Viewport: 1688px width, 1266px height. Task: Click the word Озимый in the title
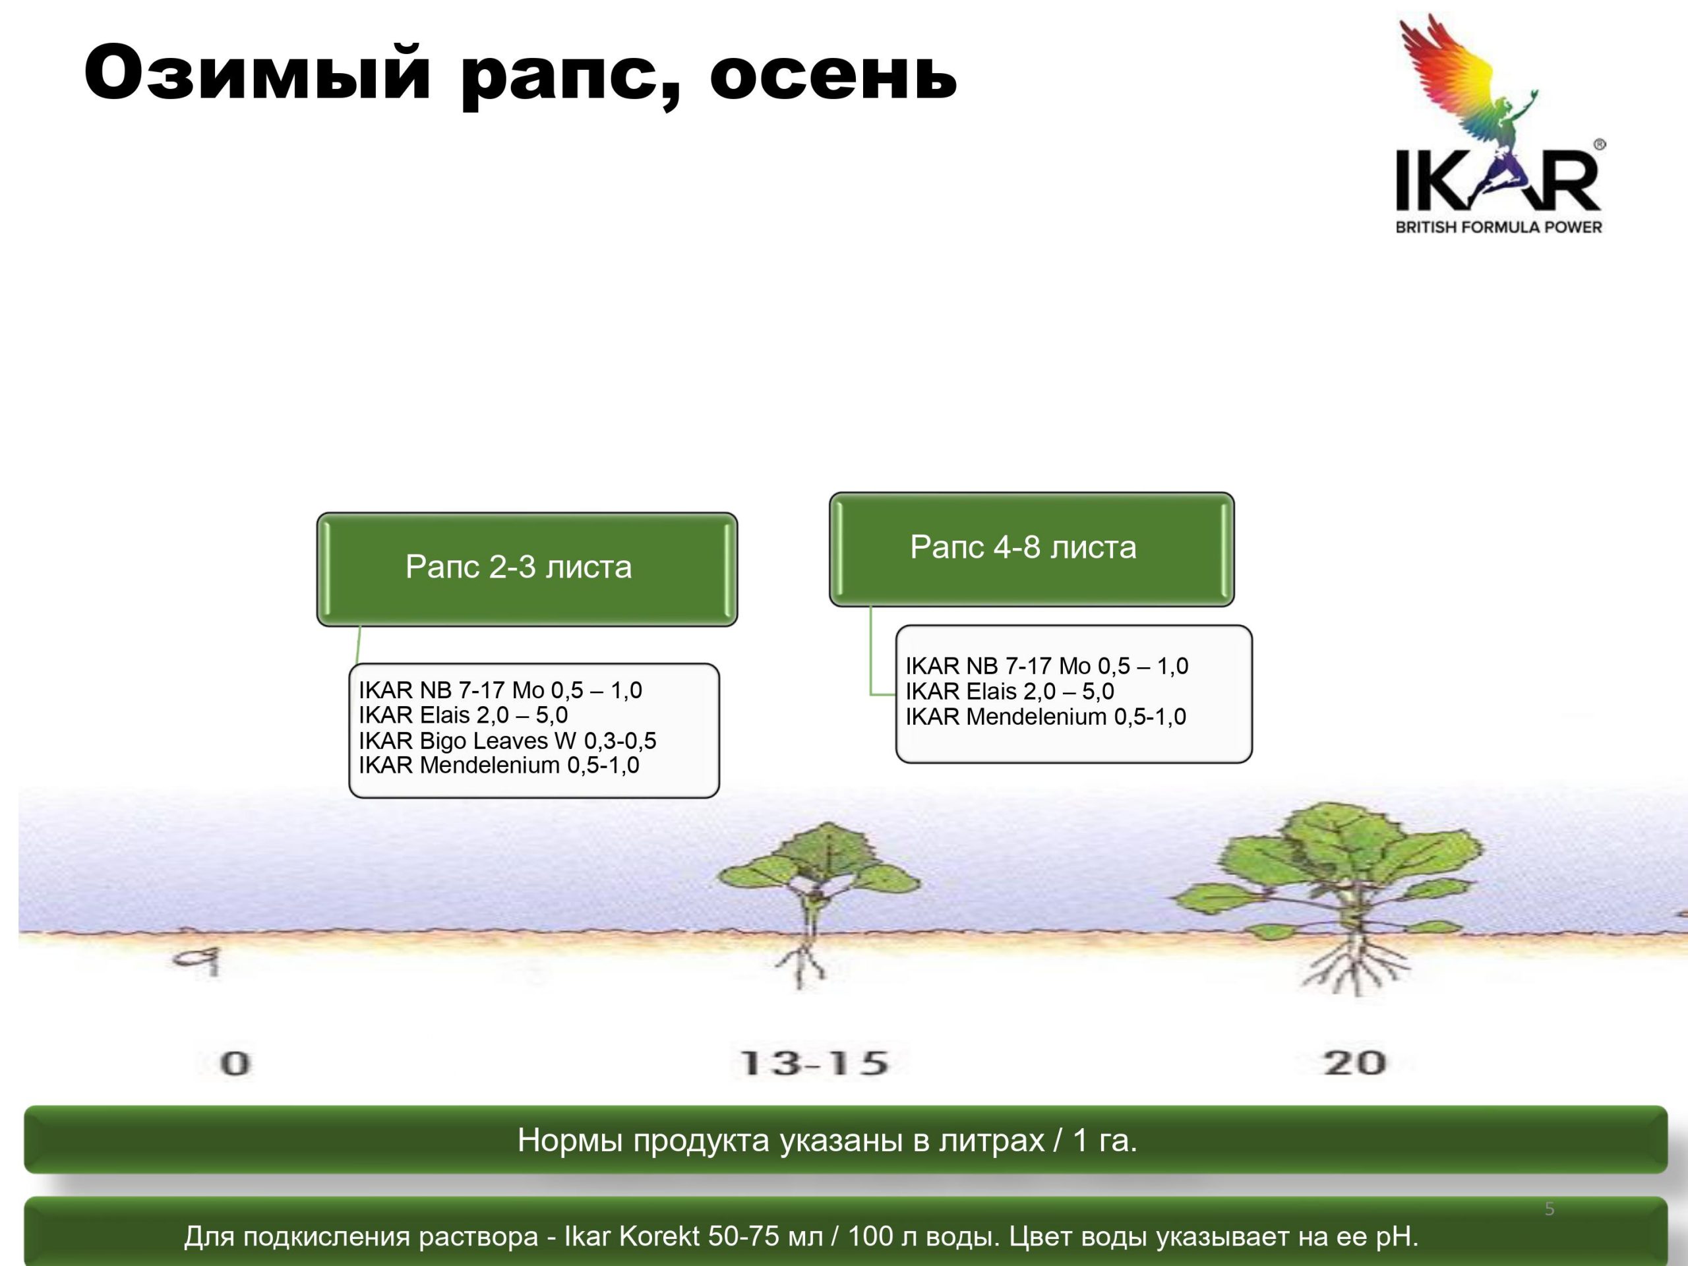(x=258, y=73)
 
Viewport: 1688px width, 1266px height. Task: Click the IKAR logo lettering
(x=1498, y=180)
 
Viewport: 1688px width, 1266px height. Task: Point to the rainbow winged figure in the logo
(x=1465, y=84)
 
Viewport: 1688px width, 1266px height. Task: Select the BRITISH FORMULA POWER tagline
(x=1498, y=227)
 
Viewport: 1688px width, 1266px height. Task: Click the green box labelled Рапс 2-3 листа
(x=527, y=569)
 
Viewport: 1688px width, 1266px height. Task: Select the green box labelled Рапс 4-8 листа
(x=1031, y=549)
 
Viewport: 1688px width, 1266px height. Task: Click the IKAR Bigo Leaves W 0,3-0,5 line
(x=508, y=740)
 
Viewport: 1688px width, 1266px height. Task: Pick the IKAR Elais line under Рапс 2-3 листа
(x=463, y=715)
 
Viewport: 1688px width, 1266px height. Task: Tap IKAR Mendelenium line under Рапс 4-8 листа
(x=1046, y=717)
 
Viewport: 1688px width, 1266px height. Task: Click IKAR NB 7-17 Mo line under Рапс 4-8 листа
(x=1047, y=665)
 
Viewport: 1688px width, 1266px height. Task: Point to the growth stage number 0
(x=235, y=1063)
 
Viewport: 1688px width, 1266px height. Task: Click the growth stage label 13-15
(x=815, y=1063)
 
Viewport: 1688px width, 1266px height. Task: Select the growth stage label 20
(x=1354, y=1063)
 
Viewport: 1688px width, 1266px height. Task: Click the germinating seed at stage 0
(x=198, y=959)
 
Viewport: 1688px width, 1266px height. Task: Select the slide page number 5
(x=1549, y=1209)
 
